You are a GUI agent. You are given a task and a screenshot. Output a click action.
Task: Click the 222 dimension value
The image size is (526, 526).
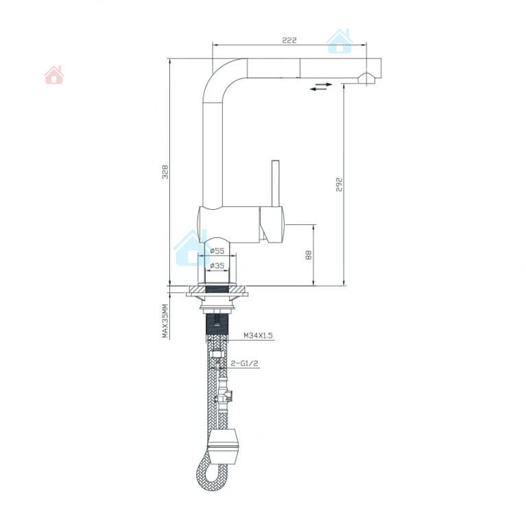click(289, 40)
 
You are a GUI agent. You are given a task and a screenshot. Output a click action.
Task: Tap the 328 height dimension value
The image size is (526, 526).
click(165, 171)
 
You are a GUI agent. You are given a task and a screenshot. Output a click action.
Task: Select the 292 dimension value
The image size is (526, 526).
click(339, 184)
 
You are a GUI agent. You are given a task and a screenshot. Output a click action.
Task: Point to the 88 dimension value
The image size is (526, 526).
click(309, 255)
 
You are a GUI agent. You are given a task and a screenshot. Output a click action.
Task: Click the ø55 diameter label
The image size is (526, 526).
click(217, 250)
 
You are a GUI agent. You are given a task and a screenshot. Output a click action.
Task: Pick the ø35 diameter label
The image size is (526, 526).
click(217, 265)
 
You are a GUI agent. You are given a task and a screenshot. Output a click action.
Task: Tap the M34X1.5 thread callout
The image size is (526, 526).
click(258, 335)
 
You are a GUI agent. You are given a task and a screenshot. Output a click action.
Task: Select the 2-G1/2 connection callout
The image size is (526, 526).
click(245, 363)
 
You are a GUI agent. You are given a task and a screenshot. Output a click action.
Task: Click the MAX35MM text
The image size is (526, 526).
click(165, 321)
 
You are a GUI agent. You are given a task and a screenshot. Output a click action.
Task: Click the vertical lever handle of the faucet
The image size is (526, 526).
click(276, 184)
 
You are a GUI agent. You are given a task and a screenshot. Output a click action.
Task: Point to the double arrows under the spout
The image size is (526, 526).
click(321, 86)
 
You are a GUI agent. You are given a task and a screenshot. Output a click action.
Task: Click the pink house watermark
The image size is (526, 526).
click(54, 75)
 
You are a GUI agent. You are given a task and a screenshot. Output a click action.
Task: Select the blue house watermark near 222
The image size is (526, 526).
click(339, 41)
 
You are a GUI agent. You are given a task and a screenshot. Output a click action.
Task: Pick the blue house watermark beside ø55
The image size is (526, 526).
click(191, 248)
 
